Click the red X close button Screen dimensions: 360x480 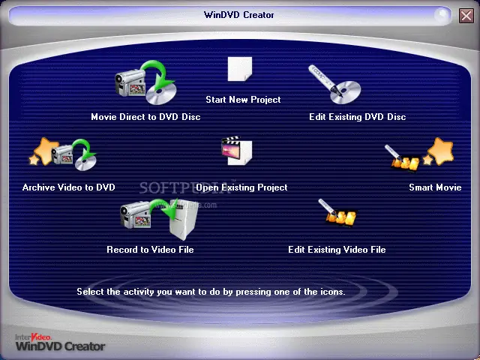point(466,15)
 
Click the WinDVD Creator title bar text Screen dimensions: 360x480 point(239,15)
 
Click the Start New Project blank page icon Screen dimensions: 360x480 point(239,69)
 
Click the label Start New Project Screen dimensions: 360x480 point(243,100)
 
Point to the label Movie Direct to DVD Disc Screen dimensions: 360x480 point(145,117)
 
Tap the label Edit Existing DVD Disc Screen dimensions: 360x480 point(357,117)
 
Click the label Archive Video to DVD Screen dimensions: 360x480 point(69,187)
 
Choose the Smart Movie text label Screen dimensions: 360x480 point(435,187)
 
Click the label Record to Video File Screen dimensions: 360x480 point(150,250)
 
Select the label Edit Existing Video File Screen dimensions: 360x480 point(337,250)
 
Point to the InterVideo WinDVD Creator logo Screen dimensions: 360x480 point(59,342)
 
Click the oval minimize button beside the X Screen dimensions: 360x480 point(442,14)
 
